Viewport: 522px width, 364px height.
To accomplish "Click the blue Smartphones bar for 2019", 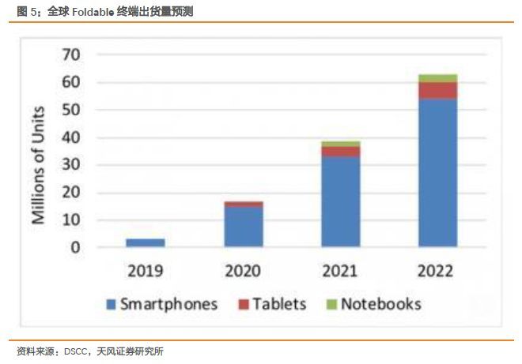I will [146, 242].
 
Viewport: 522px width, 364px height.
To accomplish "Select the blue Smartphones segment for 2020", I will [244, 227].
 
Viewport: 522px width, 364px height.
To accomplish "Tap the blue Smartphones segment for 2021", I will [341, 201].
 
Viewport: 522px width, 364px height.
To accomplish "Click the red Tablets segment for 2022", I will [438, 90].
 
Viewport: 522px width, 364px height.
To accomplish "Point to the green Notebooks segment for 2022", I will [438, 78].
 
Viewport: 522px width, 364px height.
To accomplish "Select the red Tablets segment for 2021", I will [341, 151].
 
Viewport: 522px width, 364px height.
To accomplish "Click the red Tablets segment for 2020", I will [244, 204].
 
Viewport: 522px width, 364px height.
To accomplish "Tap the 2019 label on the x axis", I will [146, 271].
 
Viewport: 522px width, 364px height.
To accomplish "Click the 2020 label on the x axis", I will [244, 271].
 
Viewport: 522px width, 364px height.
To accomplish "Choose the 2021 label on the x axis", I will [341, 271].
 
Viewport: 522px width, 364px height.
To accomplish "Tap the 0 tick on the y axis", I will [75, 247].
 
